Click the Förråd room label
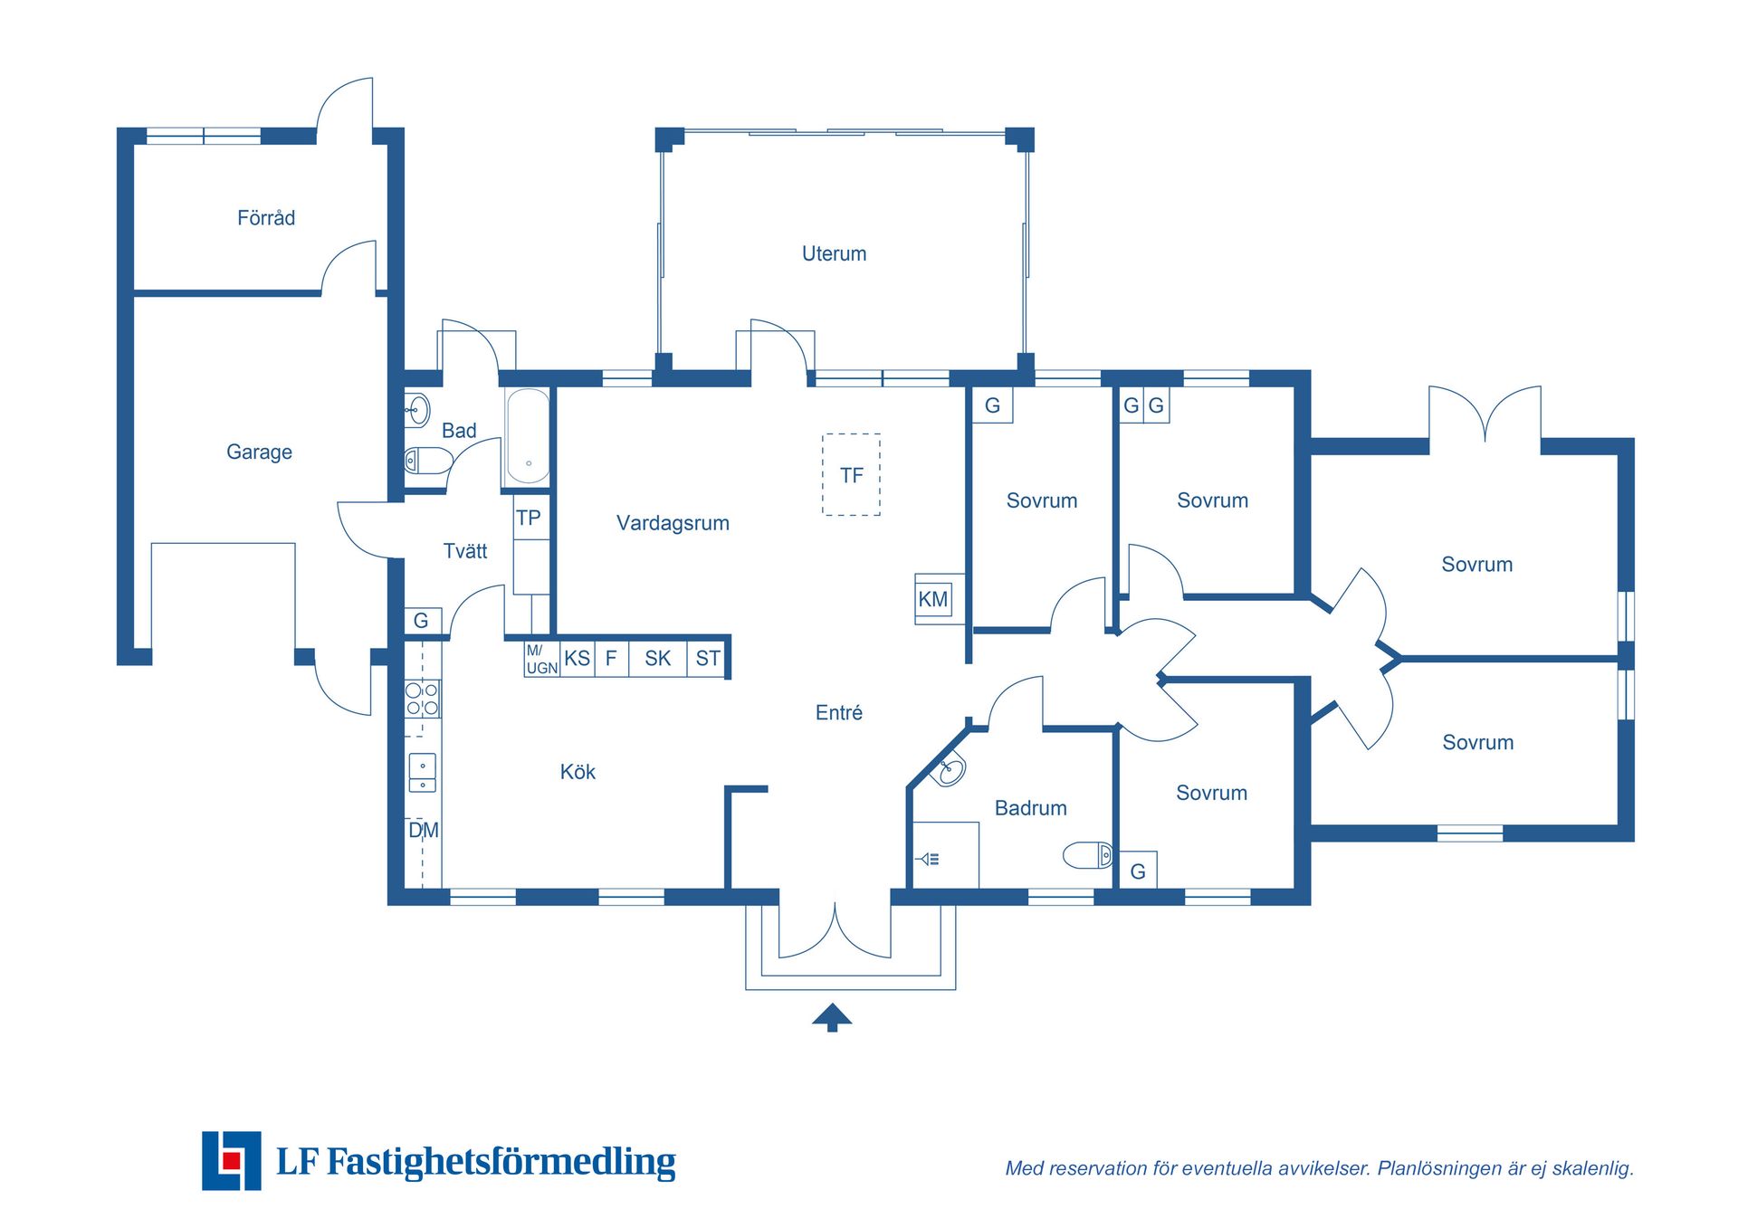(x=266, y=218)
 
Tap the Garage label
(x=259, y=452)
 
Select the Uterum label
(x=834, y=254)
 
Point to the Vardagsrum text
(x=673, y=523)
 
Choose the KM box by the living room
(x=933, y=599)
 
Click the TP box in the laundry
(x=530, y=518)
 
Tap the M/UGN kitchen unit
(x=541, y=660)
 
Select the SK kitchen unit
(x=658, y=659)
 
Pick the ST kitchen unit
(x=707, y=659)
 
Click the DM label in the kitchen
(x=424, y=831)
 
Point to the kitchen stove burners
(x=422, y=699)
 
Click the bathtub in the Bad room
(x=528, y=436)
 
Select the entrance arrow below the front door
(x=832, y=1017)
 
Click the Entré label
(x=838, y=713)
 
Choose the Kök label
(x=578, y=772)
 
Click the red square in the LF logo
(x=232, y=1161)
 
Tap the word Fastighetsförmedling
(x=501, y=1162)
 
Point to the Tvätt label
(x=465, y=551)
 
